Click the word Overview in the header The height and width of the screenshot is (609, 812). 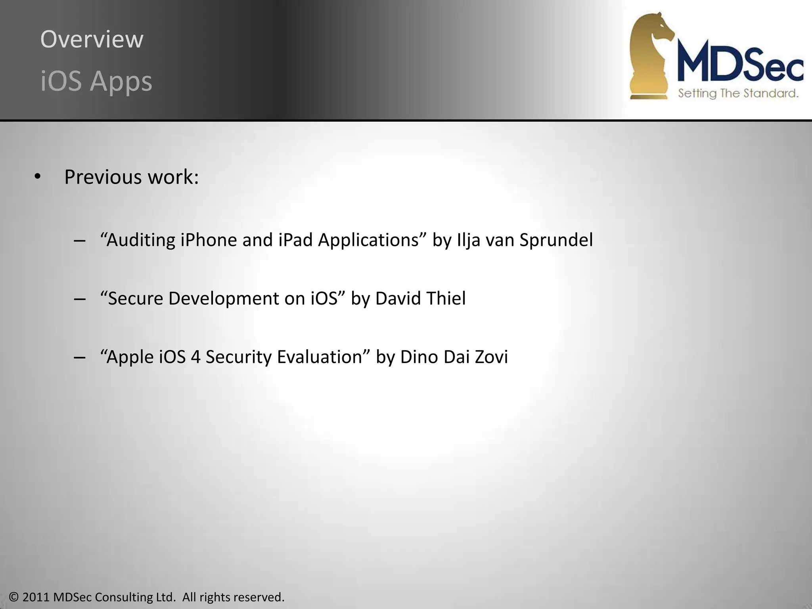(x=92, y=39)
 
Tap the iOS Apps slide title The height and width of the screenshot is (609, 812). (x=96, y=81)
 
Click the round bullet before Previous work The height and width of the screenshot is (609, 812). (x=37, y=177)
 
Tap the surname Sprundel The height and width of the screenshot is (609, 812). (x=556, y=240)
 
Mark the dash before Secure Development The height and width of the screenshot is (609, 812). (x=80, y=299)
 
